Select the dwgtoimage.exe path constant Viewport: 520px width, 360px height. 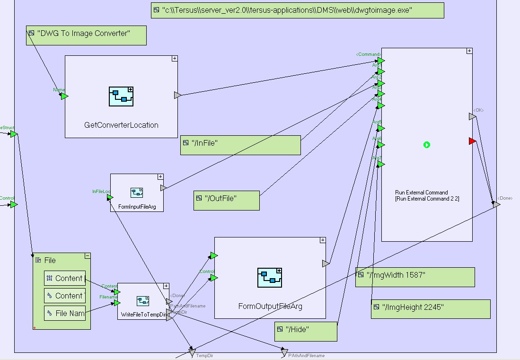tap(297, 10)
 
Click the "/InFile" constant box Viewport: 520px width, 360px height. tap(240, 145)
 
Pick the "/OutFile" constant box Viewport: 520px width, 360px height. tap(227, 200)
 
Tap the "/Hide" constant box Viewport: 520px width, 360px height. tap(306, 331)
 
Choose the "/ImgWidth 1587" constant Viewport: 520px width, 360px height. tap(415, 277)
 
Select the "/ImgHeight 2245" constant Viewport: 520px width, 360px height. tap(431, 309)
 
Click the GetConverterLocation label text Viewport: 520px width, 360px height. tap(121, 125)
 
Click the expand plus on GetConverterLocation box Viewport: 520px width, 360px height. tap(175, 59)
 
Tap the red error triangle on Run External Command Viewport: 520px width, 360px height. tap(472, 141)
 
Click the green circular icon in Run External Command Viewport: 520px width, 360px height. tap(427, 145)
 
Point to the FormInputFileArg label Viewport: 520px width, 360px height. tap(137, 207)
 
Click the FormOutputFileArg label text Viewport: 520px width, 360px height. tap(270, 307)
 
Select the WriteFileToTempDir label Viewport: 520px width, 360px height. tap(142, 315)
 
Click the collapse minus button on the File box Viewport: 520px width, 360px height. tap(88, 255)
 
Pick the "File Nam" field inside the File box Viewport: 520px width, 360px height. tap(65, 313)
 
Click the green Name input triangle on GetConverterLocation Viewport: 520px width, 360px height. tap(64, 97)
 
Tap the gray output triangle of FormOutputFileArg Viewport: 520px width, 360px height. tap(326, 263)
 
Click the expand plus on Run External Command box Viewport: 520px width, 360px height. tap(469, 51)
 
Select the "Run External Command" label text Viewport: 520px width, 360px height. tap(421, 193)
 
